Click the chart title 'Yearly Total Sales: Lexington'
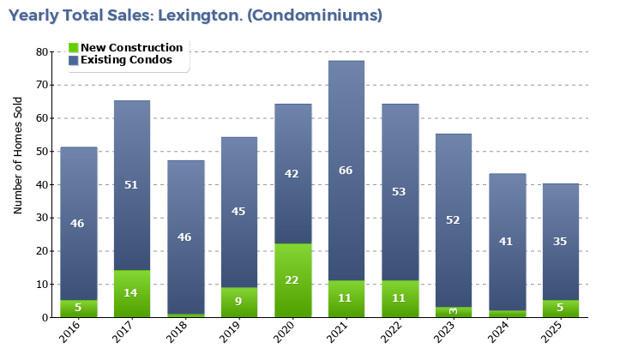196,15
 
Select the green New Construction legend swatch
74,48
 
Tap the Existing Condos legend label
126,60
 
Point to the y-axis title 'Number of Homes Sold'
18,155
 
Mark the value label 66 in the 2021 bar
346,171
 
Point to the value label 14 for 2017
131,293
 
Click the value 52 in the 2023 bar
453,220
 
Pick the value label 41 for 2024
506,242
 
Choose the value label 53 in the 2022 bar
400,191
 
